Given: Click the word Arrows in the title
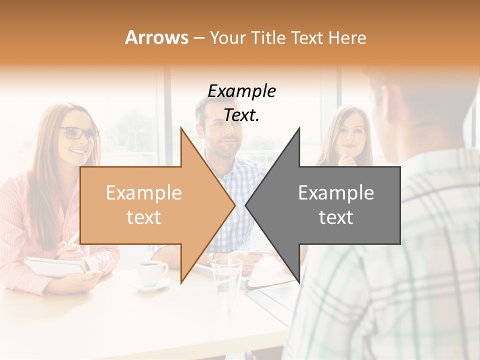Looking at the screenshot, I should pyautogui.click(x=156, y=37).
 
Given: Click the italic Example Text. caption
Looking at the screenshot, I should pyautogui.click(x=242, y=103).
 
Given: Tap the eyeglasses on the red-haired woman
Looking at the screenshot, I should pyautogui.click(x=78, y=133).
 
